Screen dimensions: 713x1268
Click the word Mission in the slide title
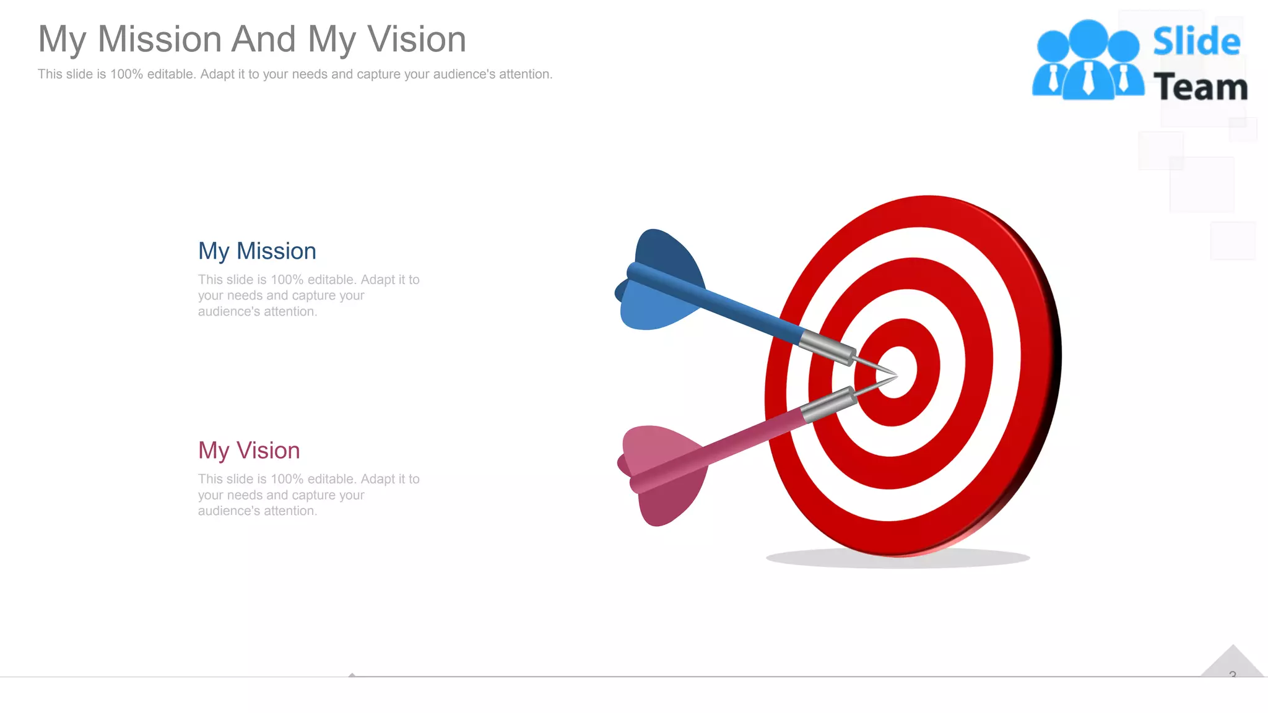pyautogui.click(x=160, y=40)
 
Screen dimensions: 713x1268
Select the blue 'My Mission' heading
pyautogui.click(x=257, y=251)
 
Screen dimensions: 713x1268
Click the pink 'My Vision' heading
pyautogui.click(x=249, y=451)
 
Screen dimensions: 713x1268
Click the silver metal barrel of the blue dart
pyautogui.click(x=827, y=348)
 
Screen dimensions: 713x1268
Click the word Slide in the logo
pyautogui.click(x=1196, y=42)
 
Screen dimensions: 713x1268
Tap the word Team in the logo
pyautogui.click(x=1200, y=87)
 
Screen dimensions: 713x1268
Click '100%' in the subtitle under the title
pyautogui.click(x=126, y=74)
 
